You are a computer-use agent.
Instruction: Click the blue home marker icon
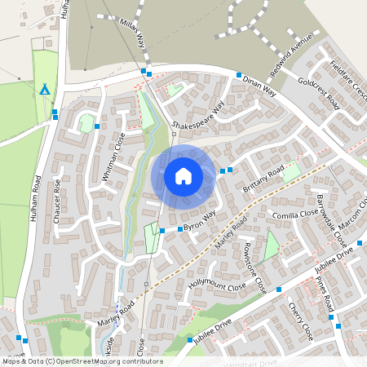tap(183, 175)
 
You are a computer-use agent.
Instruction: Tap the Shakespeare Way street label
tap(197, 118)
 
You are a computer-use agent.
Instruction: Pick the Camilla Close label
tap(295, 214)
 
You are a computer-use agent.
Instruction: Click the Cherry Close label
tap(301, 321)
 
